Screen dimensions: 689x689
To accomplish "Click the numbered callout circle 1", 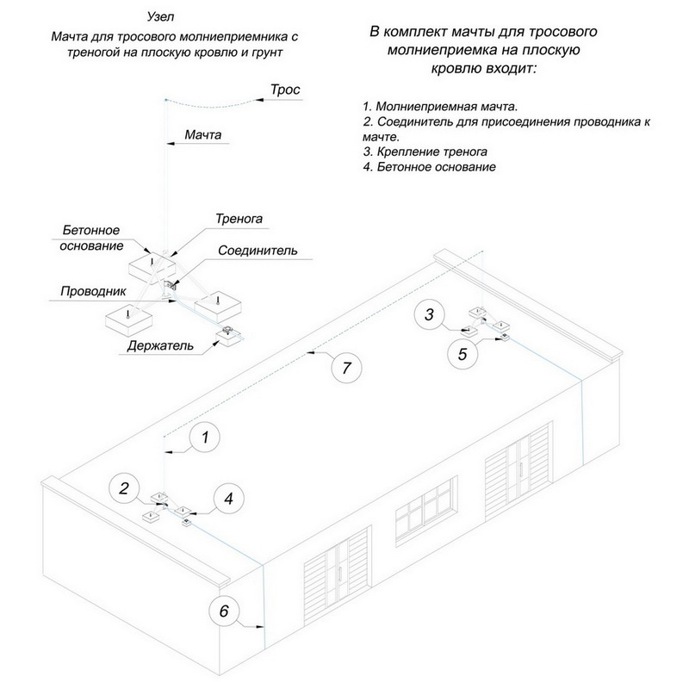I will [205, 438].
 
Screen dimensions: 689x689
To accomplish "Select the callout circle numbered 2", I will [125, 489].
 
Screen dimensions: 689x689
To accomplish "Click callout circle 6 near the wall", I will [224, 612].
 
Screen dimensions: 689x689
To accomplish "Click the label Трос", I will [284, 90].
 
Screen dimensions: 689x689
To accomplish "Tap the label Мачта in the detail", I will [204, 135].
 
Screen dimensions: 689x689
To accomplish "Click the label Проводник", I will [94, 291].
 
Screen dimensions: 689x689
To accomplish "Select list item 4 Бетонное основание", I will [430, 166].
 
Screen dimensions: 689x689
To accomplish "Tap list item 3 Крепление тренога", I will [425, 152].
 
